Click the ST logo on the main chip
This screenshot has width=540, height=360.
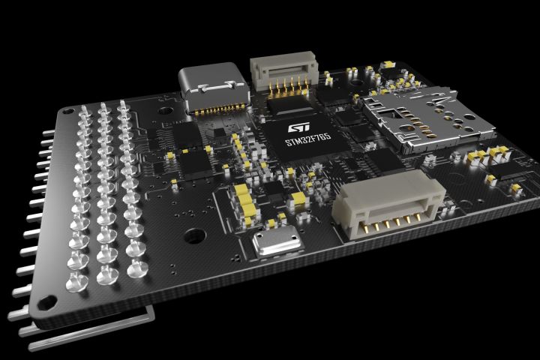coord(298,127)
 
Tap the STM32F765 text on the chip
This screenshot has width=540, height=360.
coord(308,140)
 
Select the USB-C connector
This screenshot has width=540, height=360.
coord(214,88)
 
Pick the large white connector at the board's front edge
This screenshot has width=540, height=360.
coord(388,205)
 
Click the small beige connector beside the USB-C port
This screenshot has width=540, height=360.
coord(283,72)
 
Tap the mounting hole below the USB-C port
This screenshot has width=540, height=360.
coord(166,111)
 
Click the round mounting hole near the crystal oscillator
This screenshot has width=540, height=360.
coord(195,236)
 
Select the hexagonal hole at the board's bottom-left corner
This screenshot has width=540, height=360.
coord(46,303)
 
